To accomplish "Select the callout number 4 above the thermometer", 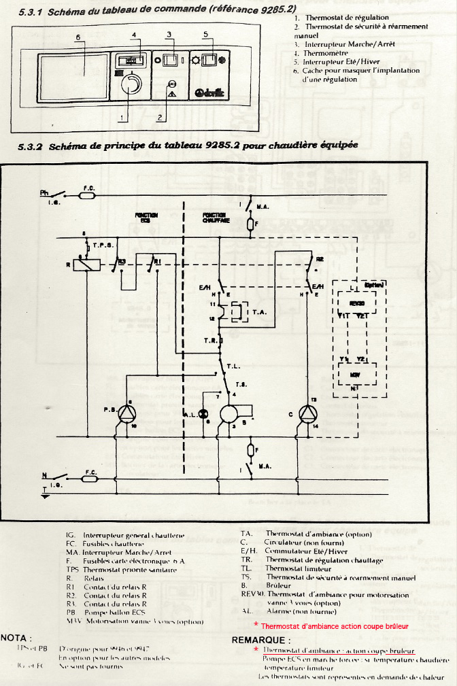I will [134, 35].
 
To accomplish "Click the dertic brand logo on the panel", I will [213, 92].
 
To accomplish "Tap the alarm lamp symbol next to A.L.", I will [191, 413].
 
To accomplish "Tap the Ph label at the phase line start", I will [44, 193].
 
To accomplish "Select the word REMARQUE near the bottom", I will [261, 640].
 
